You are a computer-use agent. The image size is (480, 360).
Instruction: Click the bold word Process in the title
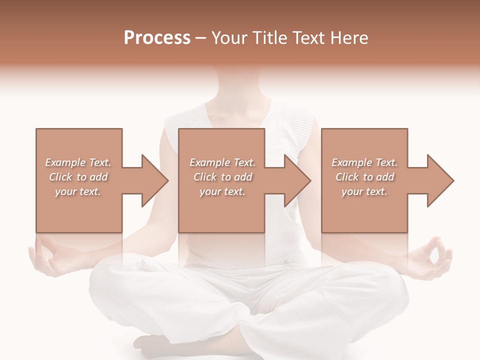click(157, 38)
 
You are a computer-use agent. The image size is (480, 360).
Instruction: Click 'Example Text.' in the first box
click(78, 162)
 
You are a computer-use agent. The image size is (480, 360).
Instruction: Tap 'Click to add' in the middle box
click(222, 177)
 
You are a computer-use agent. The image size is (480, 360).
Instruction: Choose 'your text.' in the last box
click(364, 191)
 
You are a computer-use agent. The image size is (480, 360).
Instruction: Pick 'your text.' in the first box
click(78, 191)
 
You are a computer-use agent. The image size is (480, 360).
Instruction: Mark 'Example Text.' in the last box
click(364, 162)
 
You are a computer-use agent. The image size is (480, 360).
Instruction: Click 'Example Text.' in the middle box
click(222, 162)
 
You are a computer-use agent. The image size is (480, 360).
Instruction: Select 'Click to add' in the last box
click(364, 177)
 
